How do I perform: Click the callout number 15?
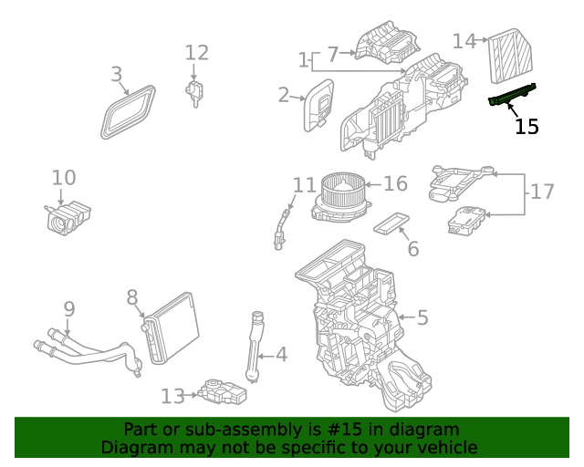tap(527, 127)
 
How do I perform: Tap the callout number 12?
tap(197, 54)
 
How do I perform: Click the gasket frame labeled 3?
tap(128, 111)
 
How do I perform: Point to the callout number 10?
tap(64, 178)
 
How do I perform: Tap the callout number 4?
tap(281, 354)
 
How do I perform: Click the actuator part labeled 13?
tap(223, 393)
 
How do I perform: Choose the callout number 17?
tap(542, 192)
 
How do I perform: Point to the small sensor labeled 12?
tap(194, 91)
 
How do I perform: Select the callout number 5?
tap(422, 318)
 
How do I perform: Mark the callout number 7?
tap(332, 54)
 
